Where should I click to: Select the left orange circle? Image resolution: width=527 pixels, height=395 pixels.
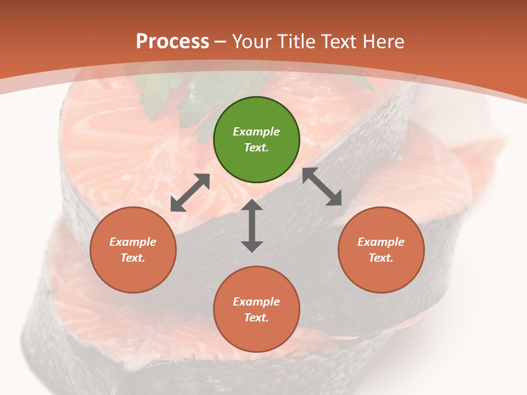(133, 250)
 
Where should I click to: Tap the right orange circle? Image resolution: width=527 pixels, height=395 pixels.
(381, 250)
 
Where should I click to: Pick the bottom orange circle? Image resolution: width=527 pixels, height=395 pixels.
(256, 309)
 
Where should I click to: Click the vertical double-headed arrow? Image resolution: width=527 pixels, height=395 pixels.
(252, 225)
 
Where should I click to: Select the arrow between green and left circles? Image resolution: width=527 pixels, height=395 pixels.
(190, 193)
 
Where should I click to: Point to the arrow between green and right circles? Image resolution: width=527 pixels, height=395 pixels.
(322, 187)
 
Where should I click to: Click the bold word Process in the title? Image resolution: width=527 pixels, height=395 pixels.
(172, 41)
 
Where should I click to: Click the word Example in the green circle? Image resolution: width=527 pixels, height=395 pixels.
(256, 132)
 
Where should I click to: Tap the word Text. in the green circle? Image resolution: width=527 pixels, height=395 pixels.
(256, 148)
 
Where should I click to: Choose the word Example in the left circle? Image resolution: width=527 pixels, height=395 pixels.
(133, 242)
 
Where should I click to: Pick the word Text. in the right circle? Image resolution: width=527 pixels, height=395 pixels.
(381, 258)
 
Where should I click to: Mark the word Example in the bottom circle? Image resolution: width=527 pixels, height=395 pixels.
(256, 302)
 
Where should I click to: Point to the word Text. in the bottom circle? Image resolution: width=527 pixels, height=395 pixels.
(256, 318)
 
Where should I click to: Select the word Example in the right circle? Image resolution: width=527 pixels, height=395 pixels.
(381, 242)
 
